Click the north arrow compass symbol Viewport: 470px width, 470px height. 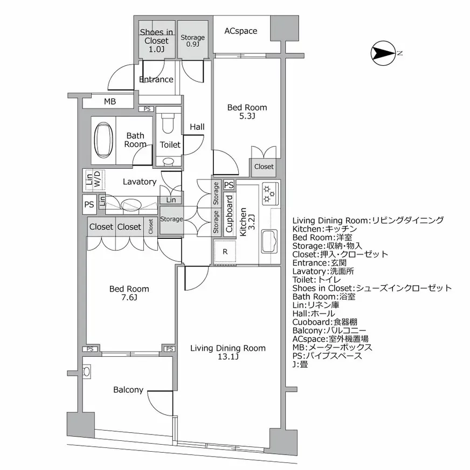point(383,53)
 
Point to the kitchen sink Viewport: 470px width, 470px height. point(269,241)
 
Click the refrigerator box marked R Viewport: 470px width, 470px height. point(225,251)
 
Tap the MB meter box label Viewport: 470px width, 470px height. point(109,101)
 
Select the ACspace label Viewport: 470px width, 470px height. point(240,31)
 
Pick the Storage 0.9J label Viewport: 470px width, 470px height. point(192,40)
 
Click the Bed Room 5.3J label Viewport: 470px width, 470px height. point(246,112)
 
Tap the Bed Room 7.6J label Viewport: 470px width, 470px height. point(129,293)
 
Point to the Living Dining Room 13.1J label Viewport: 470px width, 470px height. point(227,352)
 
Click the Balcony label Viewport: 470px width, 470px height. point(128,390)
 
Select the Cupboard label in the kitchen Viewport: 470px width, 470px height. point(229,213)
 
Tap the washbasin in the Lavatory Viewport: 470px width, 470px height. point(131,205)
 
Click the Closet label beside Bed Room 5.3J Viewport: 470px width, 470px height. point(264,167)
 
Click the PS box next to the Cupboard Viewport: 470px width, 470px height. point(229,185)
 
